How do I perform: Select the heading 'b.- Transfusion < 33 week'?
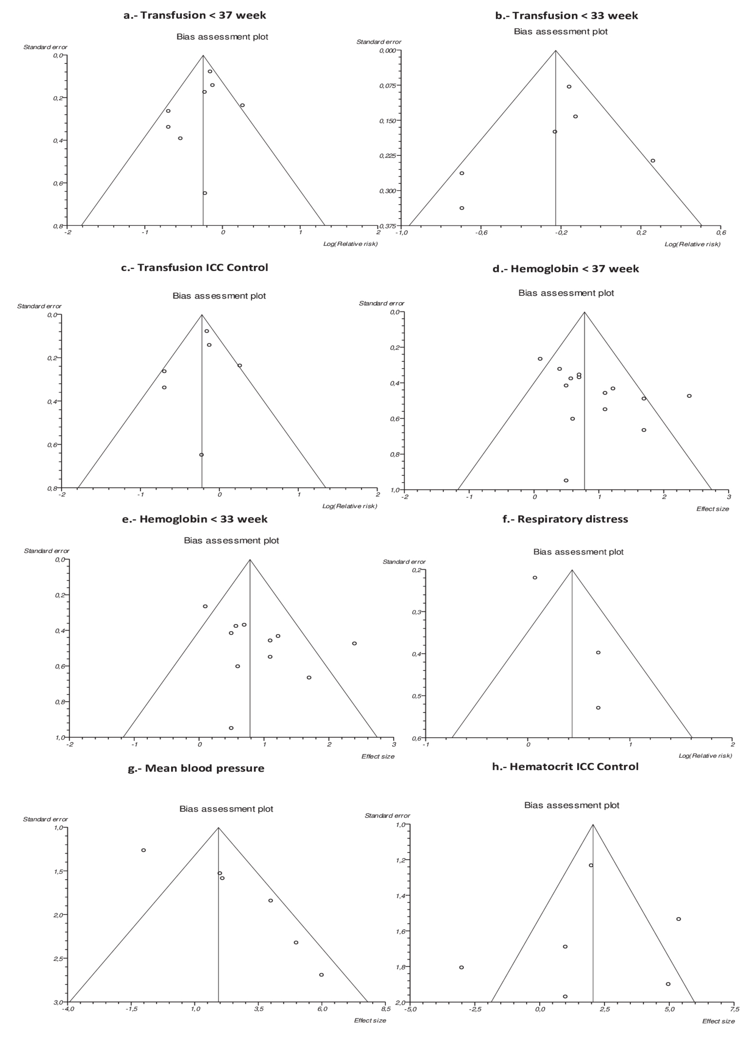(566, 16)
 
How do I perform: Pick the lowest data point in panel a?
(205, 193)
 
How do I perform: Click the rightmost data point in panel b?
(652, 160)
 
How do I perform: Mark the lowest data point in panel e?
(231, 728)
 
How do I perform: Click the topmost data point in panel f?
(535, 578)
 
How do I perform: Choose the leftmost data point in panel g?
(143, 850)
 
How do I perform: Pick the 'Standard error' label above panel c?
(39, 306)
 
